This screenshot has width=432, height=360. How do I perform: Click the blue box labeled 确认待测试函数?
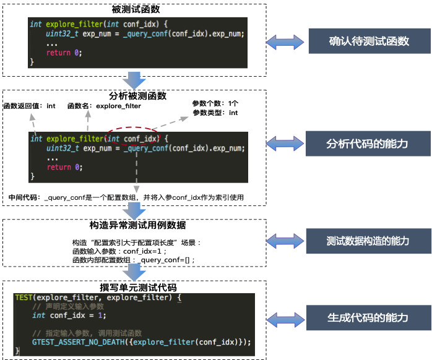[369, 42]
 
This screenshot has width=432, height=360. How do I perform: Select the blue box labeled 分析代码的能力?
[369, 144]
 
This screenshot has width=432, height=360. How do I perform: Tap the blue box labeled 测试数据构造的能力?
[369, 241]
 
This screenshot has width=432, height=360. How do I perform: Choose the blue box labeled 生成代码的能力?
[369, 317]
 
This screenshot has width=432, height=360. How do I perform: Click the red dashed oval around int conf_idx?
[132, 139]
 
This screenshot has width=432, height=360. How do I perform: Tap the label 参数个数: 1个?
[215, 103]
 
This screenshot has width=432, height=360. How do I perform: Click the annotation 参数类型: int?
[215, 113]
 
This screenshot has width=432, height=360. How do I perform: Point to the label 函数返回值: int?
[29, 106]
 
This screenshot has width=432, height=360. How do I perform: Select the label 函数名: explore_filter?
[104, 106]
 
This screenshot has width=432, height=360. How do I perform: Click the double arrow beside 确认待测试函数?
[286, 42]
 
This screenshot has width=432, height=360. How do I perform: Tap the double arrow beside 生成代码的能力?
[286, 318]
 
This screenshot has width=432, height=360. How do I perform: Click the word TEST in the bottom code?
[24, 298]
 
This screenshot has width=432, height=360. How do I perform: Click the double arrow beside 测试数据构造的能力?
[286, 241]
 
